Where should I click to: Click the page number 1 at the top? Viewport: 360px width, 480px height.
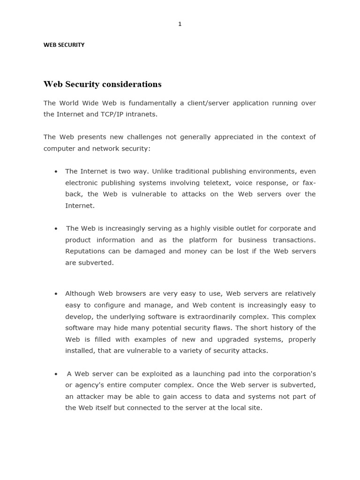180,24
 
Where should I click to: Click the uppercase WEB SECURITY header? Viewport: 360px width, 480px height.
64,45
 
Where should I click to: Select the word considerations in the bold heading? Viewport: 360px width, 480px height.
137,84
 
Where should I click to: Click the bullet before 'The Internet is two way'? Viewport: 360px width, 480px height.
56,172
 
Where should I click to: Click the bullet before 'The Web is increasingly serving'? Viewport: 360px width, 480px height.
56,229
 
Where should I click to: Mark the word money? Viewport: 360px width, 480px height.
197,251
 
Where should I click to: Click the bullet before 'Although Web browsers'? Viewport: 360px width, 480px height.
56,294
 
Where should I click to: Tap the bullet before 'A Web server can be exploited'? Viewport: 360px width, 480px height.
56,374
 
